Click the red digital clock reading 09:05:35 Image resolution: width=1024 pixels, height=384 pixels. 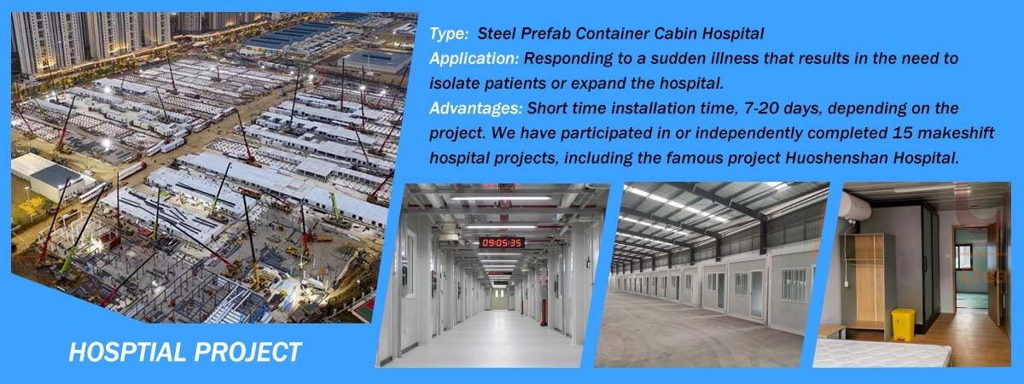pos(502,242)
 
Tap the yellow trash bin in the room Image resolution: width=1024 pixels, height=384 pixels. pos(903,324)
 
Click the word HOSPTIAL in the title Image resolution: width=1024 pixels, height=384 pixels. pos(126,352)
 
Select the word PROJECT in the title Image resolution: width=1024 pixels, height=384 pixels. pos(247,352)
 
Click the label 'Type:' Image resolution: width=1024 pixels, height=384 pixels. pos(449,34)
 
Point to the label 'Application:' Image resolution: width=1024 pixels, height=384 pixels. pos(474,59)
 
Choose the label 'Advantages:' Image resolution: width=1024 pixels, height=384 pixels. pos(475,108)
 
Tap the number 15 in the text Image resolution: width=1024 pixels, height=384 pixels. pos(903,133)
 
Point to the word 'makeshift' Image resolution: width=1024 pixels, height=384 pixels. pos(956,133)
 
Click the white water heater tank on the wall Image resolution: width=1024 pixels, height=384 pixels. pos(856,210)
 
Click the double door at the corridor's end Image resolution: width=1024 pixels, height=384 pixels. pos(501,300)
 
